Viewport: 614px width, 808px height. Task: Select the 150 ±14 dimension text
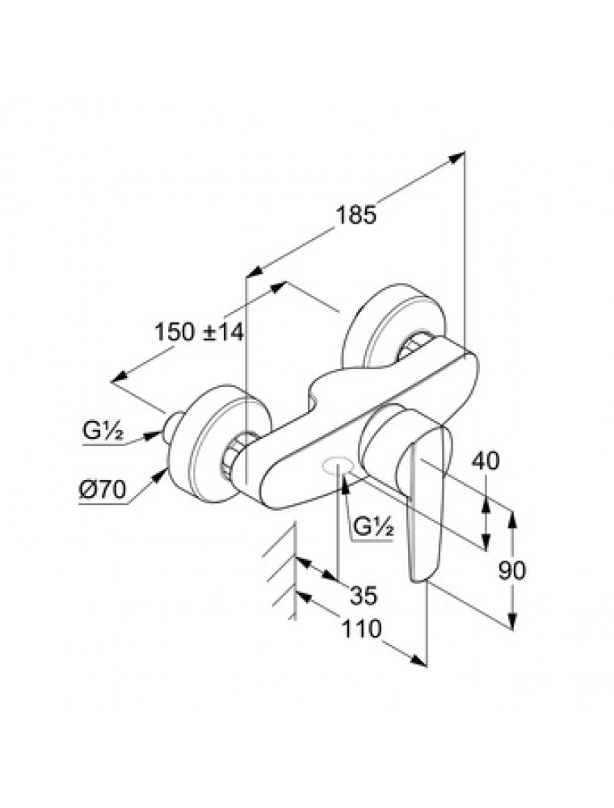pyautogui.click(x=199, y=331)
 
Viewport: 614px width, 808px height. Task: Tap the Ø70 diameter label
pyautogui.click(x=104, y=490)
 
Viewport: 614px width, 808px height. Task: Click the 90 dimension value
pyautogui.click(x=511, y=570)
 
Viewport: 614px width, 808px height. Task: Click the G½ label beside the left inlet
pyautogui.click(x=102, y=434)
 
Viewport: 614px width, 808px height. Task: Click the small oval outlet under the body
pyautogui.click(x=336, y=465)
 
